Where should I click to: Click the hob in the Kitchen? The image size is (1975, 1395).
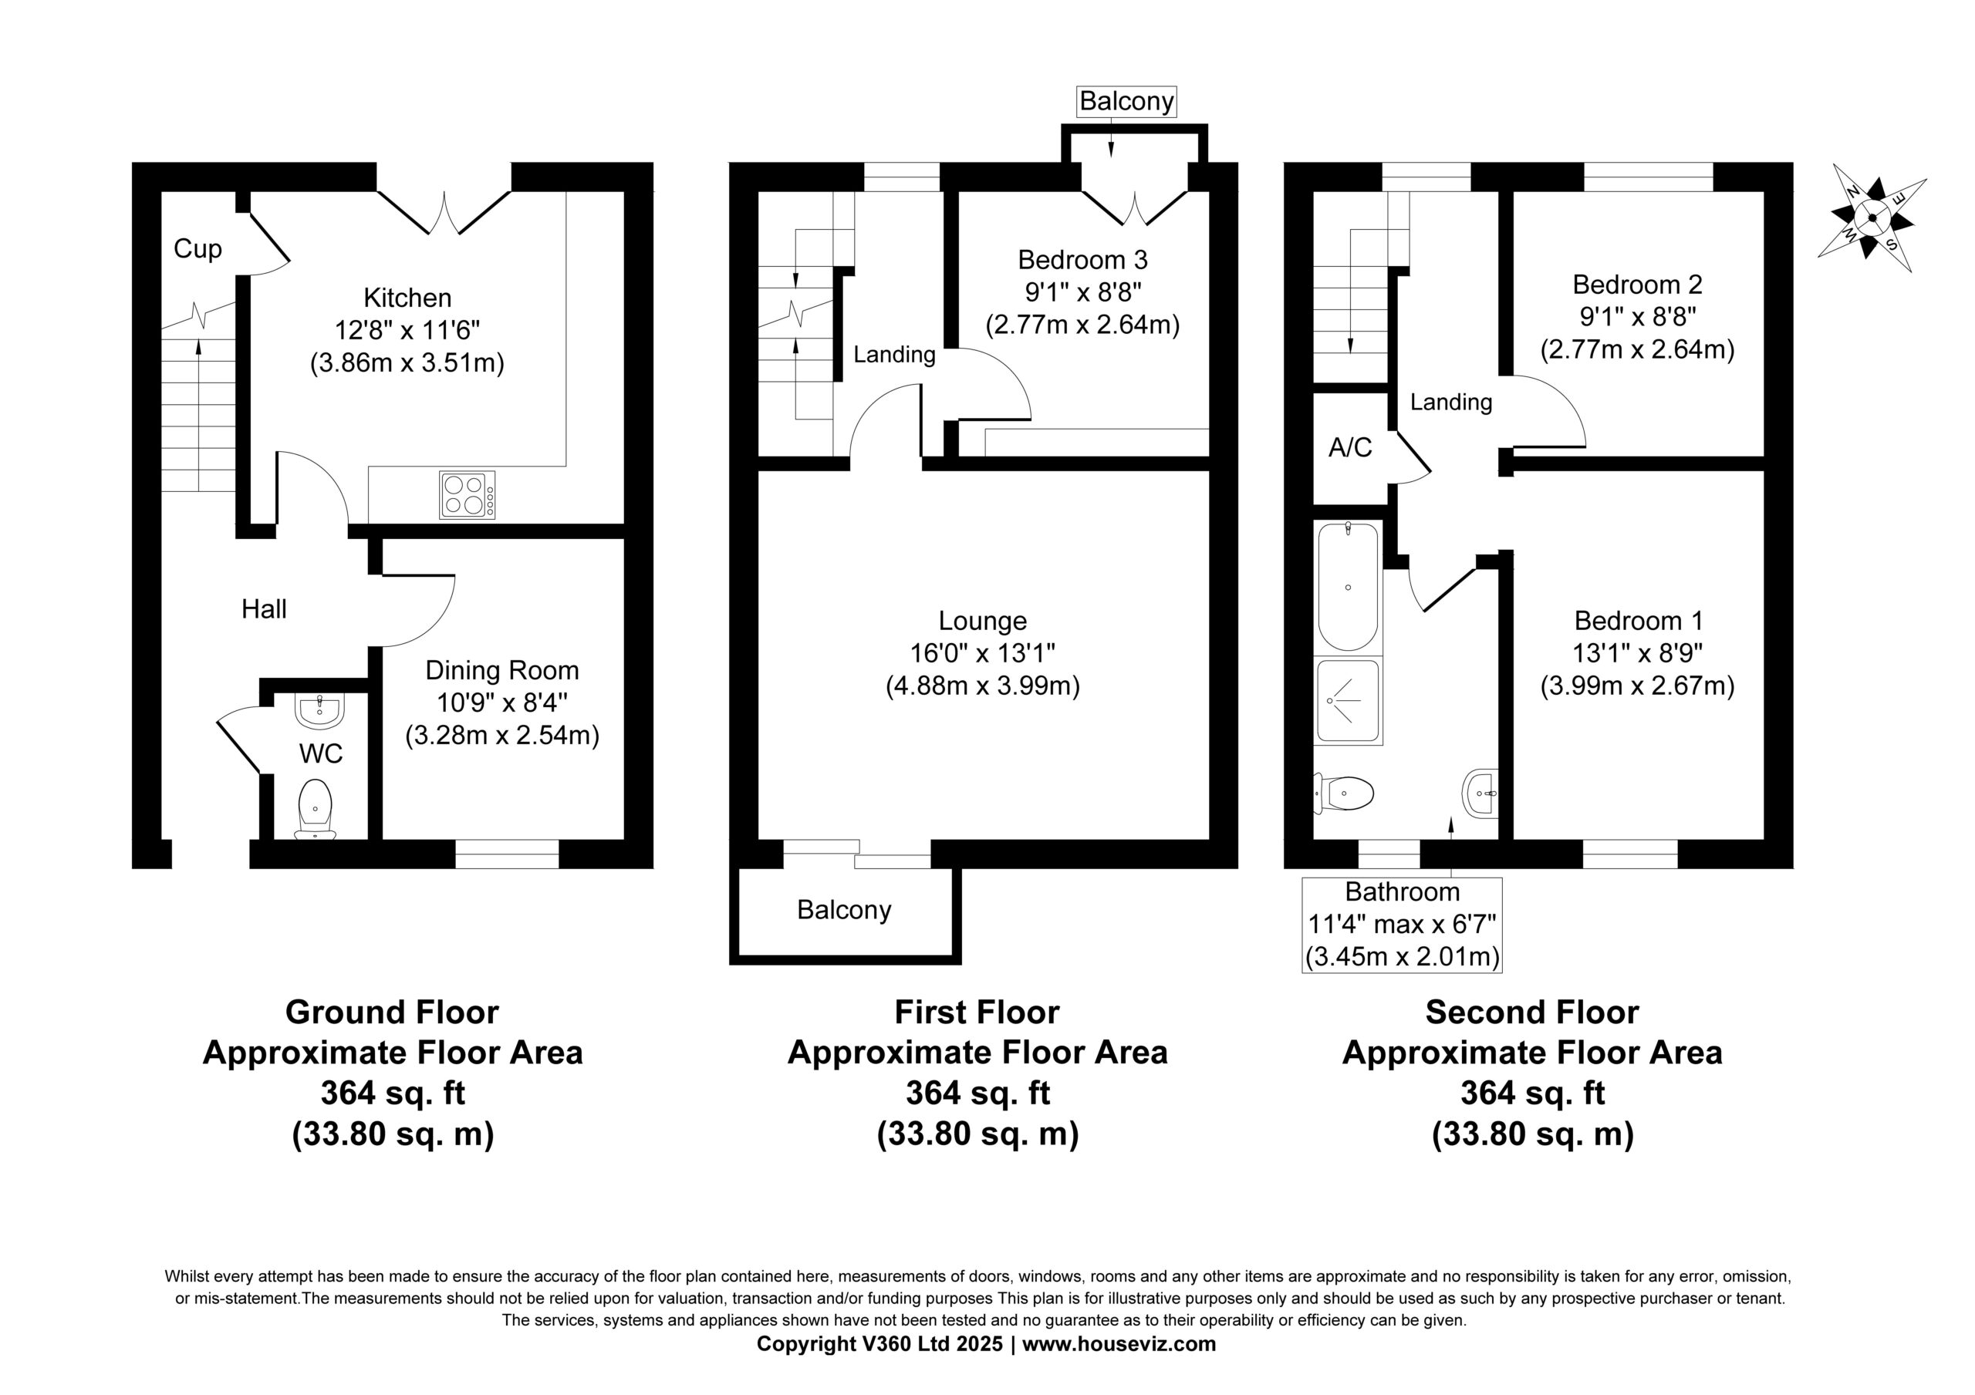tap(467, 494)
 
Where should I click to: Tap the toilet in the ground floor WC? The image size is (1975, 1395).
tap(316, 809)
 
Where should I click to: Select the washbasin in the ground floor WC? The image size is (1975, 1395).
tap(319, 710)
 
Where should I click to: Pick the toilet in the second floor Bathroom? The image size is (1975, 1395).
tap(1342, 792)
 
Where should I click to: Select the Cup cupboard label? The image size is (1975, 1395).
tap(197, 249)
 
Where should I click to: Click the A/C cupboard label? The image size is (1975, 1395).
tap(1351, 447)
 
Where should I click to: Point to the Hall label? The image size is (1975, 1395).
tap(264, 609)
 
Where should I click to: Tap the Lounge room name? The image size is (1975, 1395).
tap(982, 620)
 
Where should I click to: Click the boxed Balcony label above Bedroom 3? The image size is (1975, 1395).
tap(1127, 102)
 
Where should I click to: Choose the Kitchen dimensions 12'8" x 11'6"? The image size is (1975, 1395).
tap(408, 330)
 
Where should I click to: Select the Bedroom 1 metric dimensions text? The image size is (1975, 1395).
tap(1637, 686)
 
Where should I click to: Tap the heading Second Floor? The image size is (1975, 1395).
tap(1532, 1013)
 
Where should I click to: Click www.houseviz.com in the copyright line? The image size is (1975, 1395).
tap(1119, 1344)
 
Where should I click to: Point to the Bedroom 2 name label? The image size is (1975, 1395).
tap(1638, 285)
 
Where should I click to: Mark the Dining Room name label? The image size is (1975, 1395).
tap(502, 670)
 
